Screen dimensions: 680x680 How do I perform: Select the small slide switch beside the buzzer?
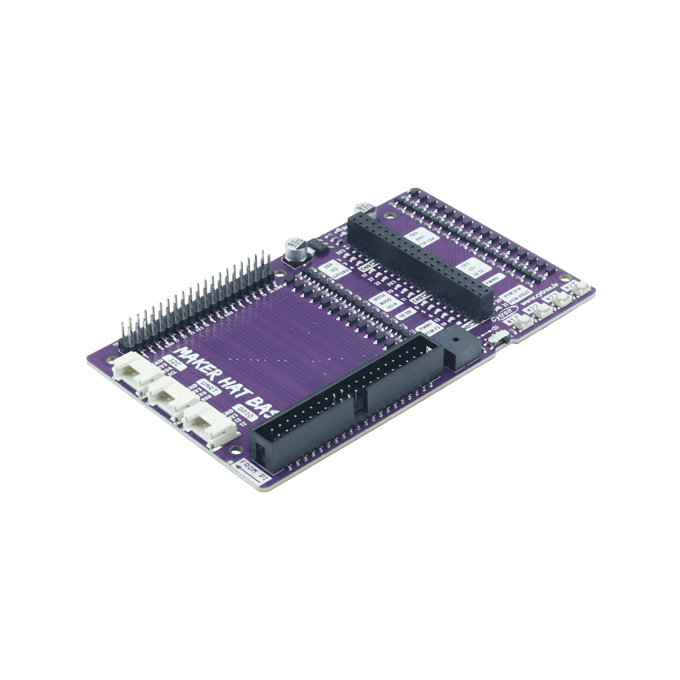click(497, 340)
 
